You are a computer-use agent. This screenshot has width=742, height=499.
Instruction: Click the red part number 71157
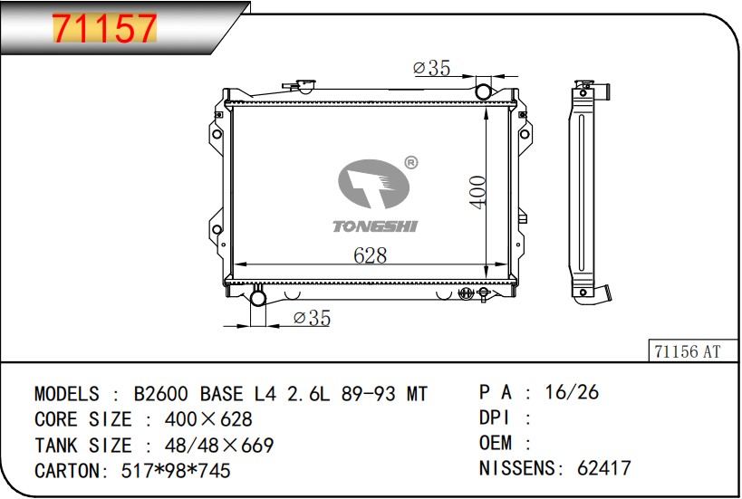(104, 28)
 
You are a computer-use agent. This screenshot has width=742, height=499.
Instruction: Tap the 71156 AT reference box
(693, 351)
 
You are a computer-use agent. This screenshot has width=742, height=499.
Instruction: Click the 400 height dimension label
(478, 192)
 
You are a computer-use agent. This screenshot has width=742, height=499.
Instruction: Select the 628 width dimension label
(370, 255)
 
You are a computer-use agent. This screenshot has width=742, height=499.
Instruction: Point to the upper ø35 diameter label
(431, 68)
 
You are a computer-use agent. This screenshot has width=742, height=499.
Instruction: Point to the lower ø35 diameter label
(312, 317)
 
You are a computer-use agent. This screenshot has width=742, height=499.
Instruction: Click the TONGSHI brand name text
(375, 226)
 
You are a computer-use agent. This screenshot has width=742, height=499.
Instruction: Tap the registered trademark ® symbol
(411, 163)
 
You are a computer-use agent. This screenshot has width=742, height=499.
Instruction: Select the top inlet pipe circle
(483, 91)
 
